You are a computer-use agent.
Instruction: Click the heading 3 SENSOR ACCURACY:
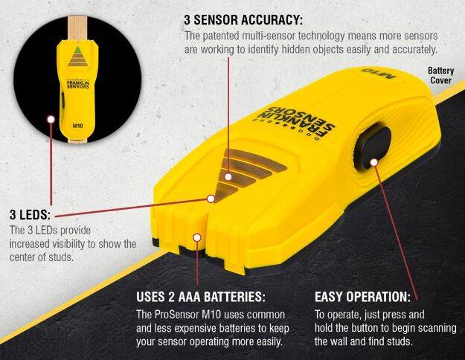click(243, 20)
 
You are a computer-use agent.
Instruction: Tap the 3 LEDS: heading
click(30, 214)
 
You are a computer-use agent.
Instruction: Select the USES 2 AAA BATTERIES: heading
click(201, 297)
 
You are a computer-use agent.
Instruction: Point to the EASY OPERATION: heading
click(362, 297)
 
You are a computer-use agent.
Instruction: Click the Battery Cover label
click(440, 75)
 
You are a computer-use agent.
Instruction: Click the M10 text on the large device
click(379, 73)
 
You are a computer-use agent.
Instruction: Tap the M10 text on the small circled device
click(77, 126)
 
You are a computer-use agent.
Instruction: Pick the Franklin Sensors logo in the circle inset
click(77, 84)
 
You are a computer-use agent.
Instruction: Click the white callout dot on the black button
click(374, 162)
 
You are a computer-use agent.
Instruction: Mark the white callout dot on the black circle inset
click(51, 119)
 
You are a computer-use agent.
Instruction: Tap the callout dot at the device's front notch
click(197, 237)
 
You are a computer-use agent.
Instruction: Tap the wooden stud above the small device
click(77, 28)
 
